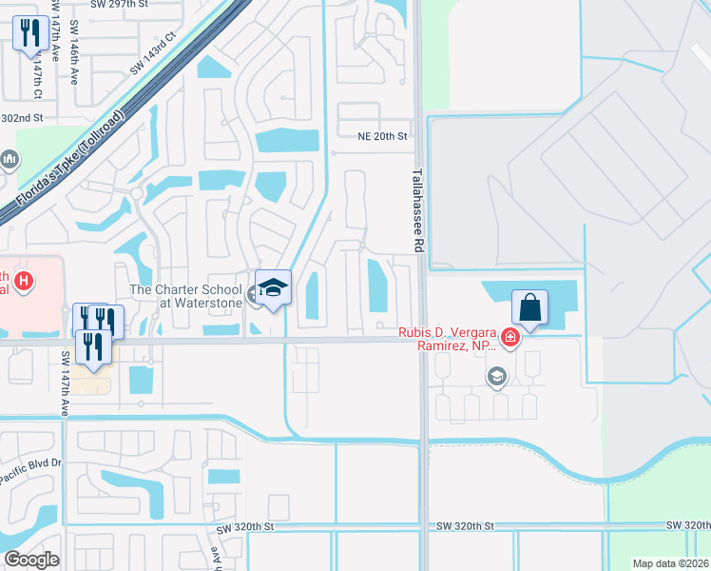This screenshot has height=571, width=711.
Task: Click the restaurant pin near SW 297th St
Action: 30,34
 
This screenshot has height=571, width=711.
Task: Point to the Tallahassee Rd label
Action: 417,210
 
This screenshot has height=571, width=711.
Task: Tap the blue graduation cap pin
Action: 273,288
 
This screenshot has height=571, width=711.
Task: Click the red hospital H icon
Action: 26,282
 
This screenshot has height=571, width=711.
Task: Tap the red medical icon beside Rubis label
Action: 511,337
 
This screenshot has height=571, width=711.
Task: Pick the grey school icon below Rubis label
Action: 495,378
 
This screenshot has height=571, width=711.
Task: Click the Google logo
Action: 31,559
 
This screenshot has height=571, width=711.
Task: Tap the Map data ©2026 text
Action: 670,563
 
